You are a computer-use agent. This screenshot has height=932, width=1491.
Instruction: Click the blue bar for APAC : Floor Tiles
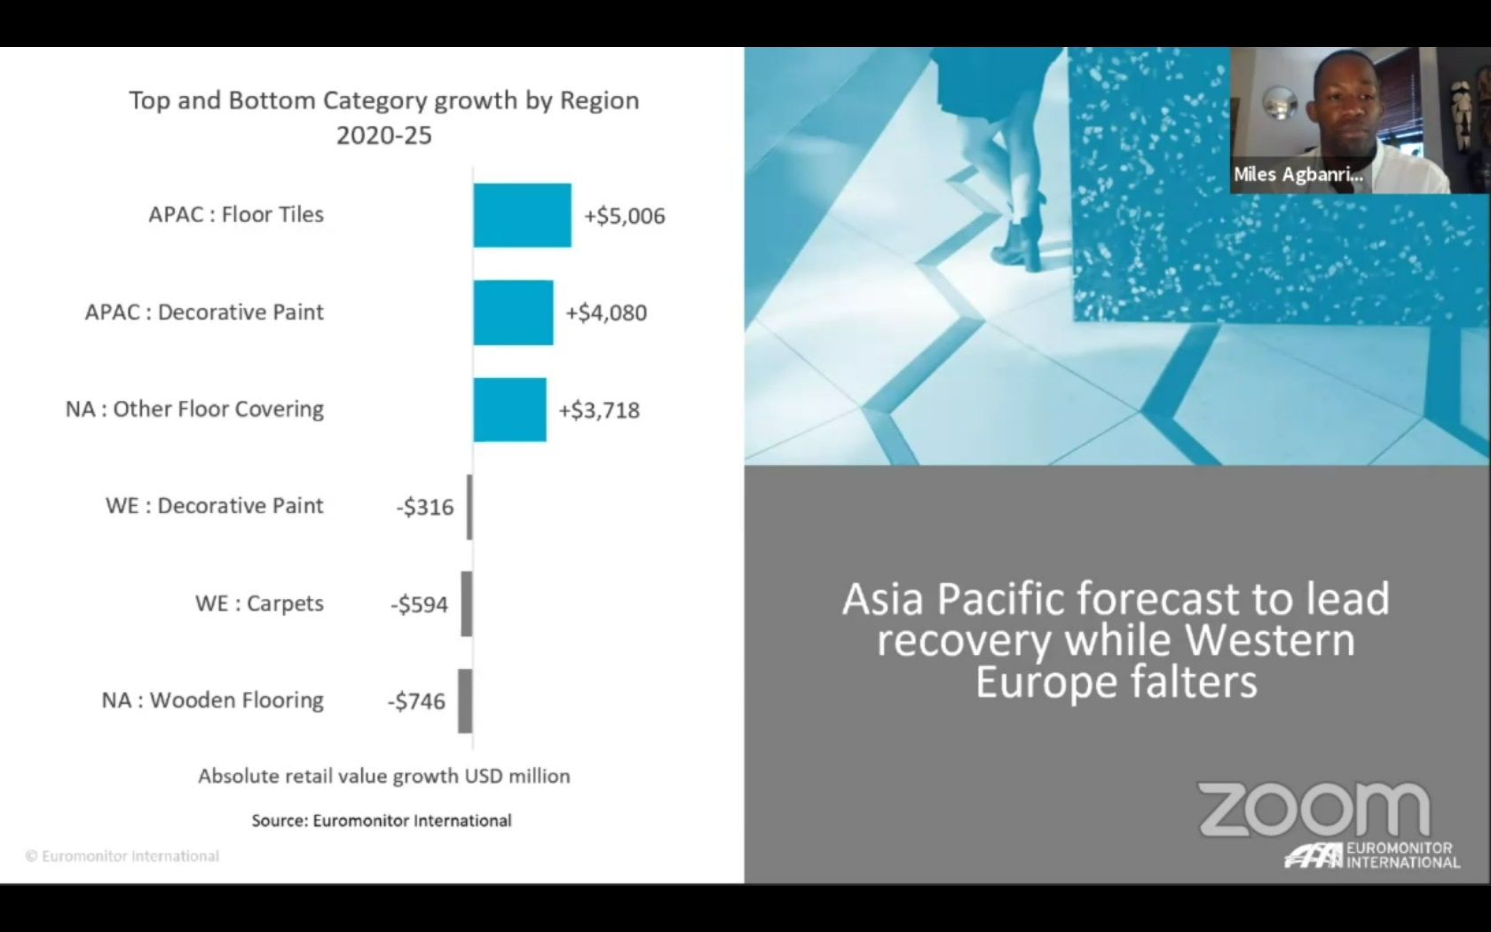[523, 215]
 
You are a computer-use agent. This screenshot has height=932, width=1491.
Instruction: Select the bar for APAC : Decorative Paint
[513, 312]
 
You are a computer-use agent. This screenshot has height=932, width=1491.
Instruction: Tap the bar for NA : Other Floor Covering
[509, 409]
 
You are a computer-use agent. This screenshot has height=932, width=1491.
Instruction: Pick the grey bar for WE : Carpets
[467, 604]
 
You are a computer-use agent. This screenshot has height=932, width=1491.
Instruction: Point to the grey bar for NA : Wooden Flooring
[465, 701]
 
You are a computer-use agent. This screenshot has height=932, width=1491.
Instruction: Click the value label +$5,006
[625, 216]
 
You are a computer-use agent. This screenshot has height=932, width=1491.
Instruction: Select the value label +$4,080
[605, 312]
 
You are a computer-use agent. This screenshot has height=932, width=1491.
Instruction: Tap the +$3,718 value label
[599, 409]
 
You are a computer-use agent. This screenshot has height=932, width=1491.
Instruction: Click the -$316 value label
[425, 507]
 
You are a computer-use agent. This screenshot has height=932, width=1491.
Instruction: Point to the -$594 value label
[419, 604]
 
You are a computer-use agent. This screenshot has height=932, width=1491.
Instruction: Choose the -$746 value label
[417, 701]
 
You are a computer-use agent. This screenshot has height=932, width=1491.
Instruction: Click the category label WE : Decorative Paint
[215, 506]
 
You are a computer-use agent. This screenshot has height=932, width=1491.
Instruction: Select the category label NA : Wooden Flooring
[212, 700]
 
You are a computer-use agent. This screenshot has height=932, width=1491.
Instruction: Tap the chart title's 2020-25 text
[384, 135]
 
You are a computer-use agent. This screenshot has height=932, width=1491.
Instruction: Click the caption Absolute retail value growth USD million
[384, 776]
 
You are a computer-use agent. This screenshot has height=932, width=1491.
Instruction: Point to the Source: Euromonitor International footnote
[382, 820]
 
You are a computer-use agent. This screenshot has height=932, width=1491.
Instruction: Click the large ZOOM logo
[1313, 809]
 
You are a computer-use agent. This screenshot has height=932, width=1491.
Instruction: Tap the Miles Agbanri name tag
[1298, 174]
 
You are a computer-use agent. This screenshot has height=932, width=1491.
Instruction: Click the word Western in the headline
[1270, 640]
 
